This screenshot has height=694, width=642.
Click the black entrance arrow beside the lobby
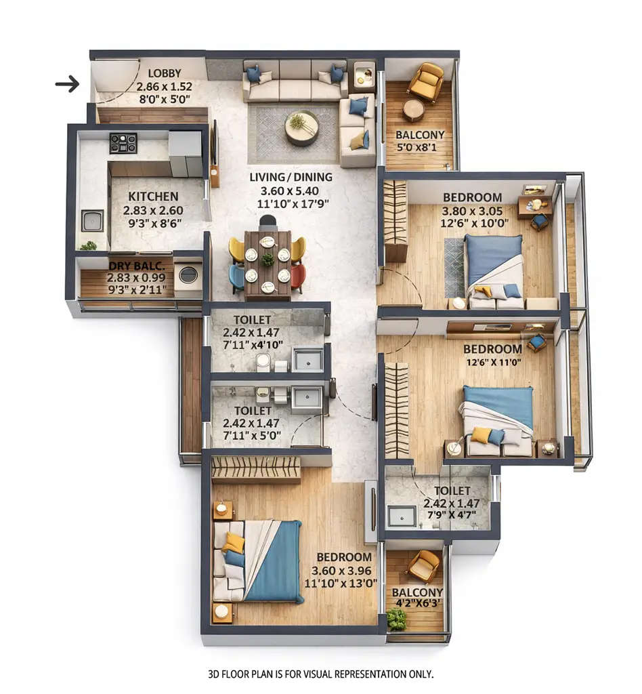[67, 84]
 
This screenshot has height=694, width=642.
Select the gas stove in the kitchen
[123, 143]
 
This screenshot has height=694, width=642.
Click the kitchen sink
[92, 220]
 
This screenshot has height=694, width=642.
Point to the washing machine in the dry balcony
[188, 274]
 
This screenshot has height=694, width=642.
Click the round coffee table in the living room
[301, 128]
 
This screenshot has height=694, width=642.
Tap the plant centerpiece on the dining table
[268, 260]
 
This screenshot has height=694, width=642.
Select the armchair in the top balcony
[427, 81]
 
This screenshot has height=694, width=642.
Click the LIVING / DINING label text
[291, 178]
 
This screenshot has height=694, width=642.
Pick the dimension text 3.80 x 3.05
[472, 210]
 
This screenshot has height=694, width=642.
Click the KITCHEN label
[153, 197]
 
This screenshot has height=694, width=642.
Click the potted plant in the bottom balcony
[397, 619]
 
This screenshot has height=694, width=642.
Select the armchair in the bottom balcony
[424, 565]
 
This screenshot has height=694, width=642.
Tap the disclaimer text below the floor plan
[320, 674]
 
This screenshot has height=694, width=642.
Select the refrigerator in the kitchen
[185, 153]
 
